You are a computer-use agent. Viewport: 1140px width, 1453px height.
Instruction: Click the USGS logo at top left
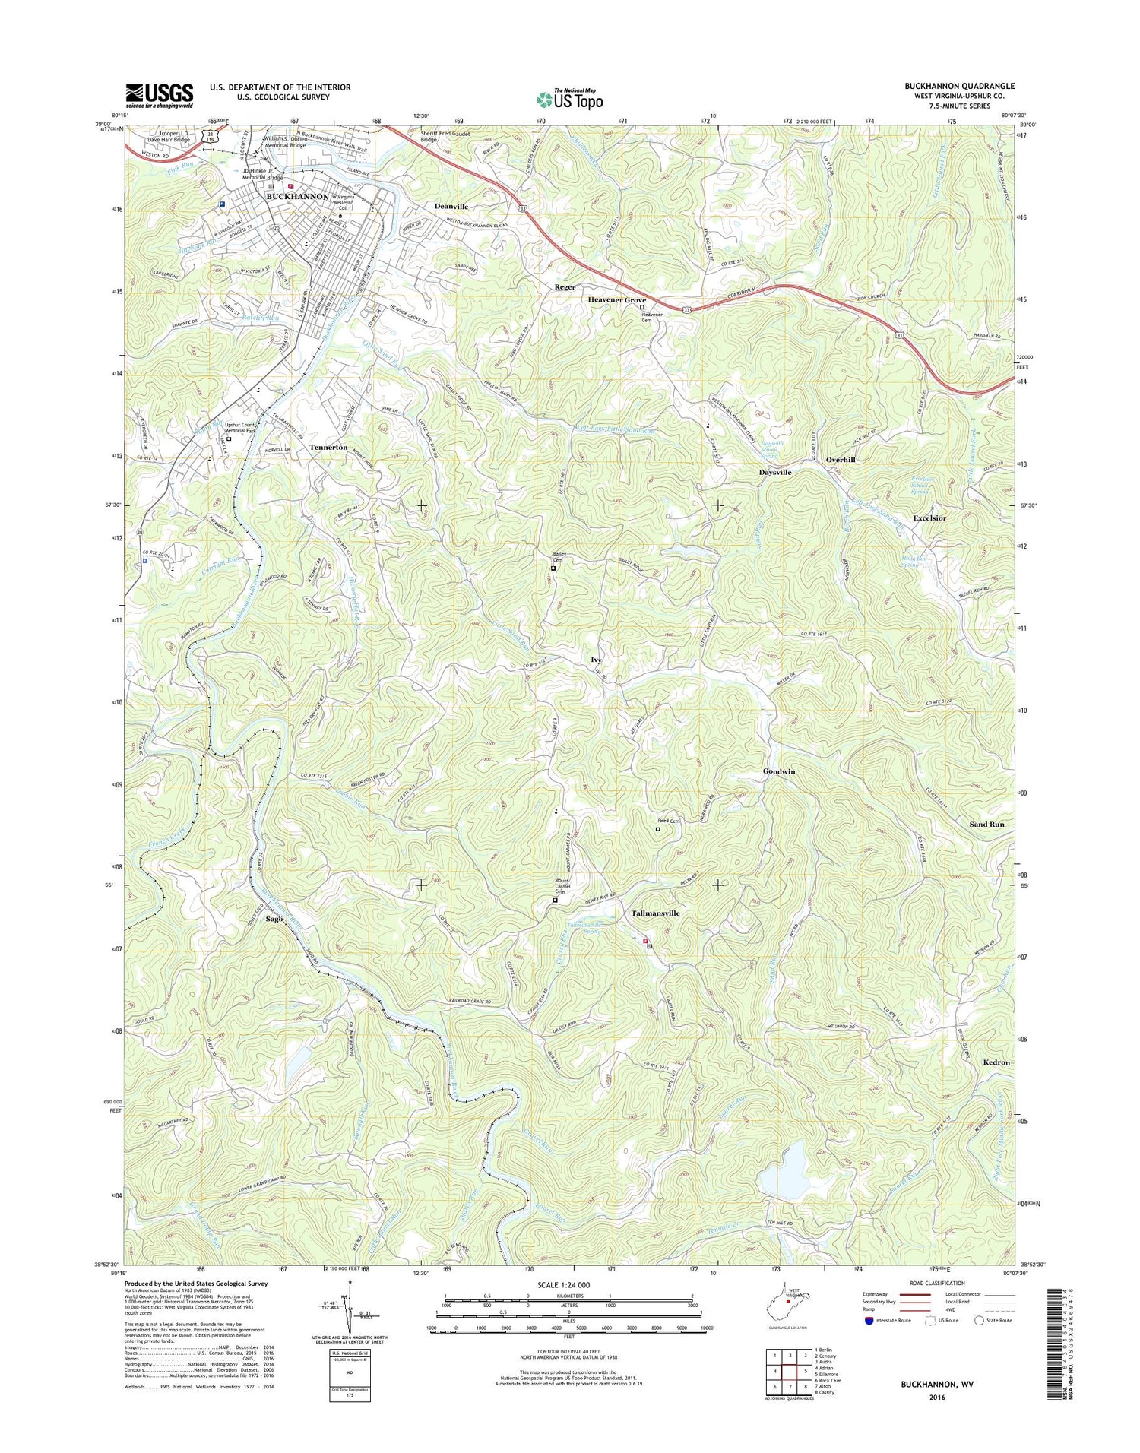(160, 96)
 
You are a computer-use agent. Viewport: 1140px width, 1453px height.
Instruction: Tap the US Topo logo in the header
(570, 99)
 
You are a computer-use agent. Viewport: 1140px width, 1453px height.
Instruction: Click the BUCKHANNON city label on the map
(297, 196)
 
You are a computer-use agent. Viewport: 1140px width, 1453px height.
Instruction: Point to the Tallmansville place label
(655, 913)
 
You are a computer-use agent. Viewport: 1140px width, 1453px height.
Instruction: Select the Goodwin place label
(779, 771)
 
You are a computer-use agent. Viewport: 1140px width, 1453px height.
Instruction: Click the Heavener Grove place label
(616, 300)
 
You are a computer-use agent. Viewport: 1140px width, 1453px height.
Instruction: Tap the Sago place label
(274, 919)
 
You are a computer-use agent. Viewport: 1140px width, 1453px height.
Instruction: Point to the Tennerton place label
(328, 448)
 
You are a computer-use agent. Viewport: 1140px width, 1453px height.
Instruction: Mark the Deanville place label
(451, 207)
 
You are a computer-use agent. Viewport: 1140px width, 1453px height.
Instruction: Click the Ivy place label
(597, 660)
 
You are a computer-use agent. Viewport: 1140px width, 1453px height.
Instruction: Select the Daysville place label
(775, 472)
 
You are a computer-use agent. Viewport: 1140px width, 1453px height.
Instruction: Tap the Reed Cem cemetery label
(669, 821)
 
